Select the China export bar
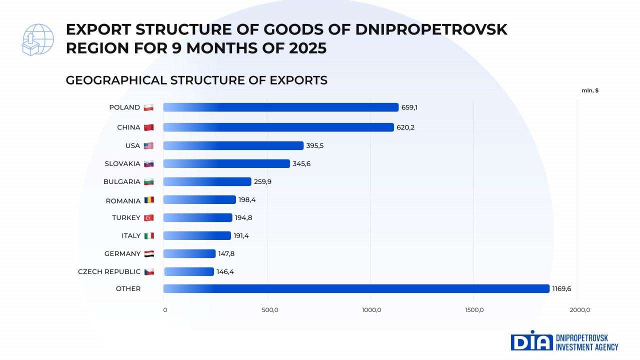[278, 127]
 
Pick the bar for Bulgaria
[207, 181]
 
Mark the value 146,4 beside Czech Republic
[225, 271]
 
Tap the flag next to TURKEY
[149, 217]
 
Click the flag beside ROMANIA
[149, 200]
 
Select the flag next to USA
[148, 145]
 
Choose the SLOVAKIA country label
[122, 163]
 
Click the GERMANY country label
[122, 253]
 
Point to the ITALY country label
[131, 235]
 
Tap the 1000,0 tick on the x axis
[371, 310]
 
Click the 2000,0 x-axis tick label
[579, 310]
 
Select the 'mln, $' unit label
[590, 90]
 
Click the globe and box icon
[37, 39]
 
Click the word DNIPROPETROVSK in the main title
[431, 30]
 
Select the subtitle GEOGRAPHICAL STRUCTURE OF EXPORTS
[196, 80]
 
